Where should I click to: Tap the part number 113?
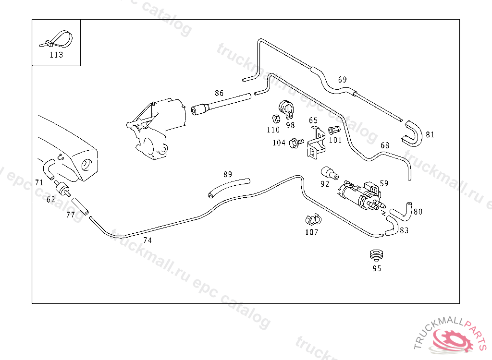(x=56, y=55)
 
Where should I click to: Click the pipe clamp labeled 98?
(x=287, y=109)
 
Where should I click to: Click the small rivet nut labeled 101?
(x=334, y=130)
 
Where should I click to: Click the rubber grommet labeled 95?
(x=376, y=254)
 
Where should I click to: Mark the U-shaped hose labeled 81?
(x=412, y=133)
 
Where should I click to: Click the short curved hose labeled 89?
(x=229, y=187)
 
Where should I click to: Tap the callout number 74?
(x=148, y=240)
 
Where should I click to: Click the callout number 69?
(x=342, y=80)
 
